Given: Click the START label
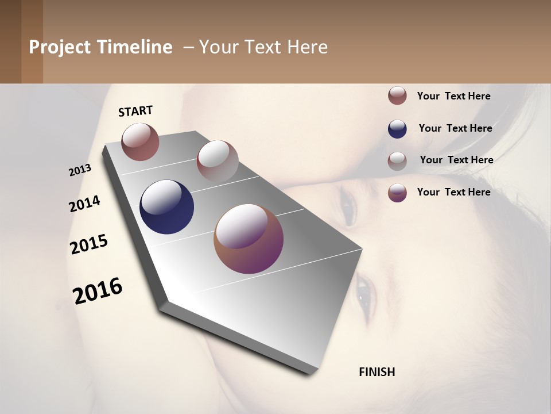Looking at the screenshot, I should click(x=135, y=111).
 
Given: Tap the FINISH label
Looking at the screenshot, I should click(x=377, y=372).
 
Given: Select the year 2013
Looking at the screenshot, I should click(x=80, y=170).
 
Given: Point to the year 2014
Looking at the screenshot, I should click(x=84, y=204).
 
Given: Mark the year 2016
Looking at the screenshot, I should click(x=98, y=290).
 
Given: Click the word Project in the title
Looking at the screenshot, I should click(x=60, y=47).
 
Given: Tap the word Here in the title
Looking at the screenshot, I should click(x=307, y=47).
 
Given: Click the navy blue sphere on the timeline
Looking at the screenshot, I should click(x=166, y=207).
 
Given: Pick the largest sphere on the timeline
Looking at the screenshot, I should click(x=249, y=239).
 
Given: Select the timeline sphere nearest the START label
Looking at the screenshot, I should click(x=140, y=141).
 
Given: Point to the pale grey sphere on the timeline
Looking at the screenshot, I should click(x=218, y=160).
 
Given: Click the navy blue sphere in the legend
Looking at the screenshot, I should click(x=397, y=129).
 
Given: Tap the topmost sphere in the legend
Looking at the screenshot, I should click(x=397, y=95).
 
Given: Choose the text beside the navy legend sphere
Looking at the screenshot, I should click(x=455, y=128).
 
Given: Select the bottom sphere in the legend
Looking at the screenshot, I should click(x=397, y=193).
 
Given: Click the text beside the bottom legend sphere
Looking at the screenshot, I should click(x=453, y=192).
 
